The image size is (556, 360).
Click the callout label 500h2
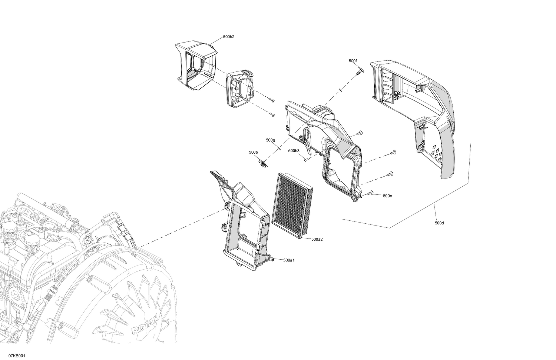click(x=229, y=37)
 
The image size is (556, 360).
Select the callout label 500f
click(x=353, y=60)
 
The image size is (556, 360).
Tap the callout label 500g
click(x=270, y=140)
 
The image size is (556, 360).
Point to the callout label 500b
click(x=253, y=152)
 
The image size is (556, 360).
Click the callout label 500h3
click(x=294, y=151)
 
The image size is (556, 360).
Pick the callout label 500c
click(x=387, y=196)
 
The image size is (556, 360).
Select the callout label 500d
click(x=439, y=223)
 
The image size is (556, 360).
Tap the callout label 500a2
click(x=317, y=239)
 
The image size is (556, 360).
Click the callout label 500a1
click(x=289, y=260)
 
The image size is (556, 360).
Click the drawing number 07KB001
click(x=17, y=356)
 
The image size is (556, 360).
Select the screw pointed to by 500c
click(x=371, y=193)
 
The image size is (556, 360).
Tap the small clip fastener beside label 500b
click(x=263, y=163)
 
